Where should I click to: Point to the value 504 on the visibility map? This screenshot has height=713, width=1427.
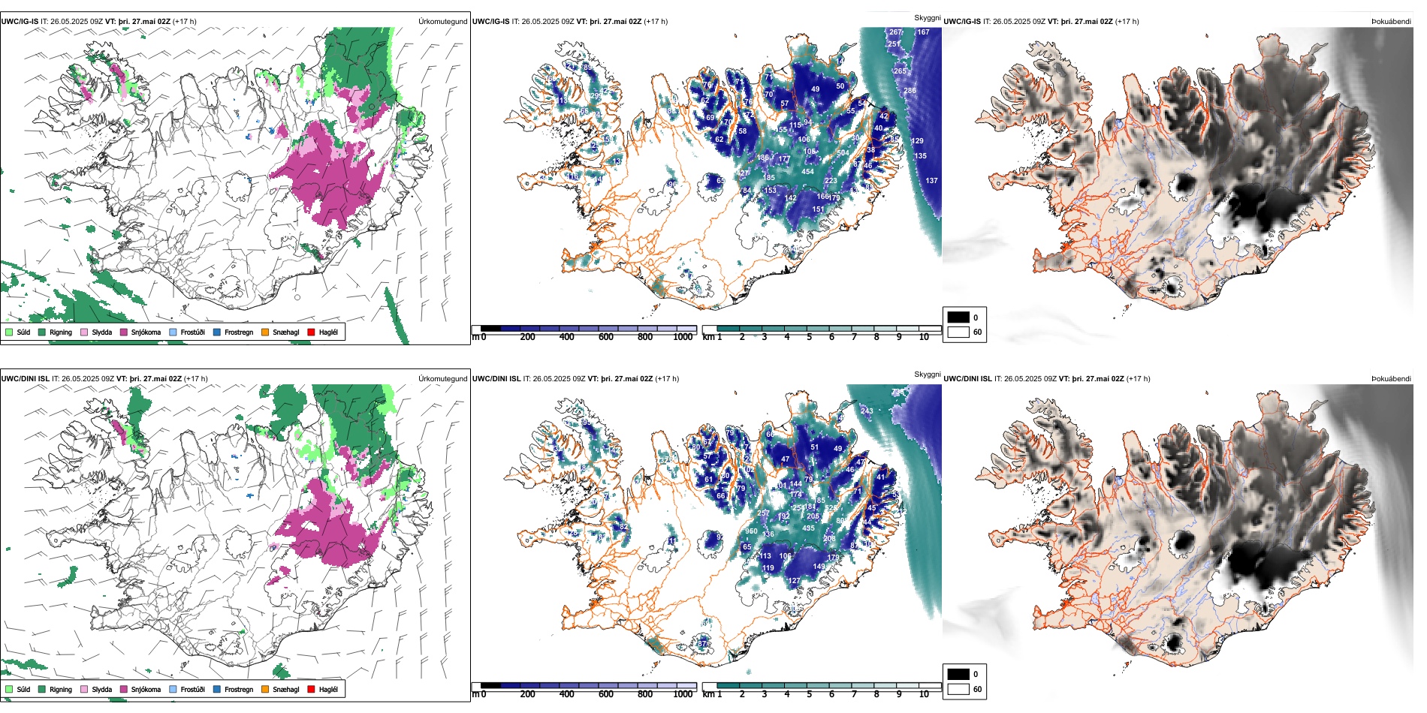click(843, 153)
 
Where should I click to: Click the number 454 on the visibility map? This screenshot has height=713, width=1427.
click(807, 172)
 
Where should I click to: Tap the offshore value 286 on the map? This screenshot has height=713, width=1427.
click(910, 91)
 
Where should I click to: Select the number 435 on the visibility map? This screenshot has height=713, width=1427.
click(808, 528)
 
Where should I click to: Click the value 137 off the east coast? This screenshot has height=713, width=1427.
click(931, 181)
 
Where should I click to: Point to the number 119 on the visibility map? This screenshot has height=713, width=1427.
click(768, 568)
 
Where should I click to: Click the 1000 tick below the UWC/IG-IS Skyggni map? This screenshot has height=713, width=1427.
click(683, 337)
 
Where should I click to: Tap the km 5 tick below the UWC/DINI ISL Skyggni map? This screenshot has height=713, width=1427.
click(809, 694)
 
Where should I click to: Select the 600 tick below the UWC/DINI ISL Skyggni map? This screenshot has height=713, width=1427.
click(605, 694)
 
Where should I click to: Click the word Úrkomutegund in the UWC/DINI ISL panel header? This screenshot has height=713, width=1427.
click(442, 379)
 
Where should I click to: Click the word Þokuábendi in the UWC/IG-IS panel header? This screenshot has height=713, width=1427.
click(1391, 22)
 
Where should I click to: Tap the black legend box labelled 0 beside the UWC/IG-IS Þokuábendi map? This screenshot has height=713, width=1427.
click(958, 317)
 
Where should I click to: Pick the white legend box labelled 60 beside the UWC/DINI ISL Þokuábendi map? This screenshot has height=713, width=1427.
click(958, 689)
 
